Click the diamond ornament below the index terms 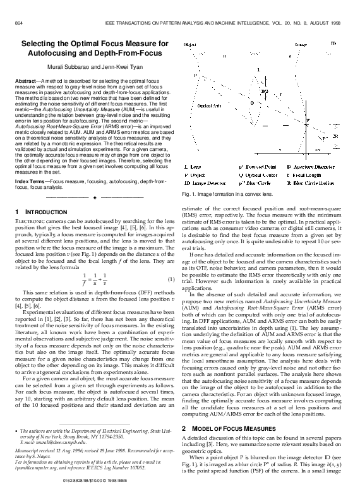pyautogui.click(x=93, y=197)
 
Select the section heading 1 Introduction pyautogui.click(x=42, y=210)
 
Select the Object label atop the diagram pyautogui.click(x=189, y=45)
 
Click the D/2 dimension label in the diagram pyautogui.click(x=263, y=92)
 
